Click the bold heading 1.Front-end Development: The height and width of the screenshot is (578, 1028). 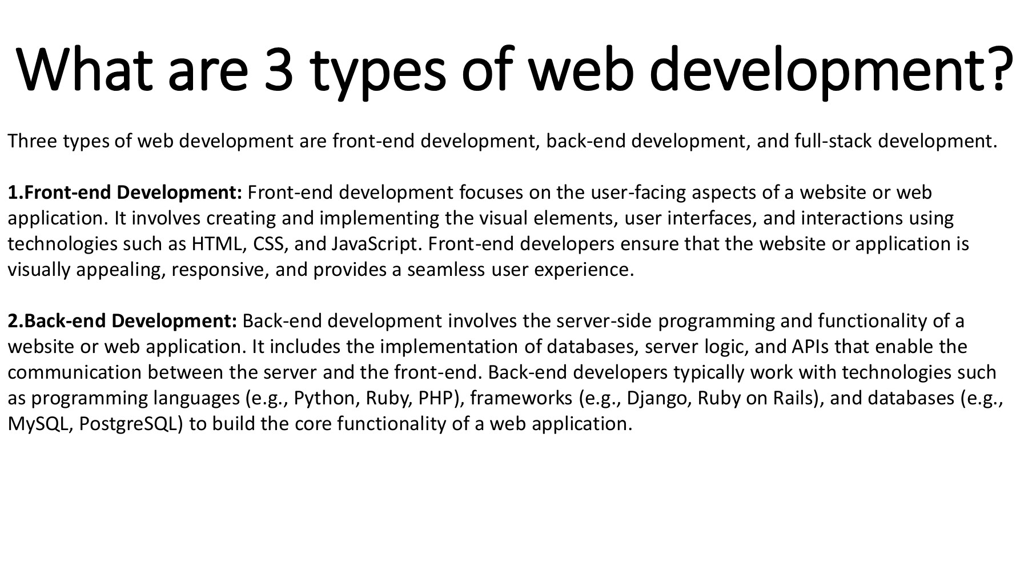click(x=125, y=192)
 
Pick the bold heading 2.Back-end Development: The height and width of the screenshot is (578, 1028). click(x=122, y=321)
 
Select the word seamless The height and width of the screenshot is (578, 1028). click(x=445, y=270)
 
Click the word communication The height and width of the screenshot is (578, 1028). click(x=74, y=372)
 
